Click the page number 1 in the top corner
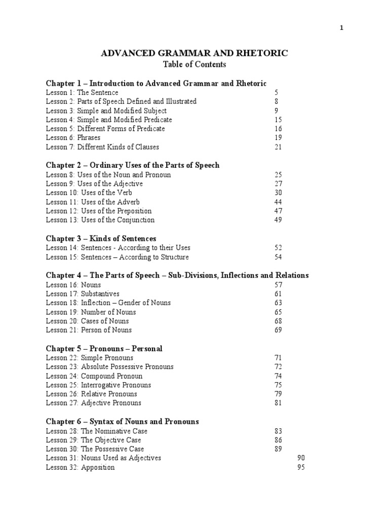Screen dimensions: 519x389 point(341,28)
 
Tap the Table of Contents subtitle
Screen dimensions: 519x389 point(194,64)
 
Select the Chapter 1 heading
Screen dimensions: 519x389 point(156,83)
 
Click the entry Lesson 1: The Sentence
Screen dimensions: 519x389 point(82,93)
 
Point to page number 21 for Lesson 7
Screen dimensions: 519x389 point(278,147)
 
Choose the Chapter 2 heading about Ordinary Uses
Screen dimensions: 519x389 point(133,165)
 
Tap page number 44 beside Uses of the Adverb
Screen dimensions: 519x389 point(278,202)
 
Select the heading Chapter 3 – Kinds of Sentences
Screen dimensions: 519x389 point(101,238)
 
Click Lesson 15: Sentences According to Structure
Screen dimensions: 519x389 point(117,257)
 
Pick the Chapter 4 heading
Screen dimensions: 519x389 point(177,275)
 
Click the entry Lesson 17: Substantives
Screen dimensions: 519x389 point(83,293)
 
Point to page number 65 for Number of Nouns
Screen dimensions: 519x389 point(278,312)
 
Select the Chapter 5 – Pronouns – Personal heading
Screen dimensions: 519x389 point(104,349)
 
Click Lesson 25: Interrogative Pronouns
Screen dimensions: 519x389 point(98,385)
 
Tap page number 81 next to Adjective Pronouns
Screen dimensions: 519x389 point(278,403)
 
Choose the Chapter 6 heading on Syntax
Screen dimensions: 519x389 point(122,421)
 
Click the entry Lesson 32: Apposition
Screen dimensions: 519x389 point(80,467)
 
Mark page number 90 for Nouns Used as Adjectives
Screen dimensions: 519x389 point(301,458)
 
